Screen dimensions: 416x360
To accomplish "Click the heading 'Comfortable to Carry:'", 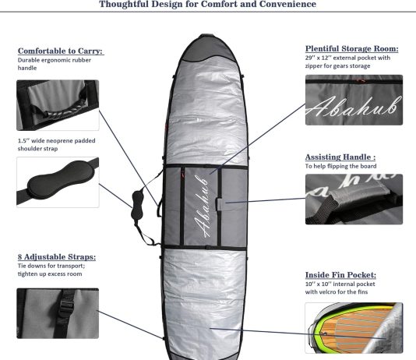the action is point(61,51).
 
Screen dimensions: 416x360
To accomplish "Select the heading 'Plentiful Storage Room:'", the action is point(352,48).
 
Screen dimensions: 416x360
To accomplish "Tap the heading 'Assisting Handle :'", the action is point(340,157).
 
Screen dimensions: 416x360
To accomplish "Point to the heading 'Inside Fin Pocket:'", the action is point(340,275).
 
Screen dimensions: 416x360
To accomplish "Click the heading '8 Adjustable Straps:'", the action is point(57,257).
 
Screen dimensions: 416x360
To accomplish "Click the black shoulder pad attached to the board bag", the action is point(137,206).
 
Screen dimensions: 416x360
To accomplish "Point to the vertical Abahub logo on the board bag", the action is point(201,206).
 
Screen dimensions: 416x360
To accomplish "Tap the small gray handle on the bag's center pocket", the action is point(220,204).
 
